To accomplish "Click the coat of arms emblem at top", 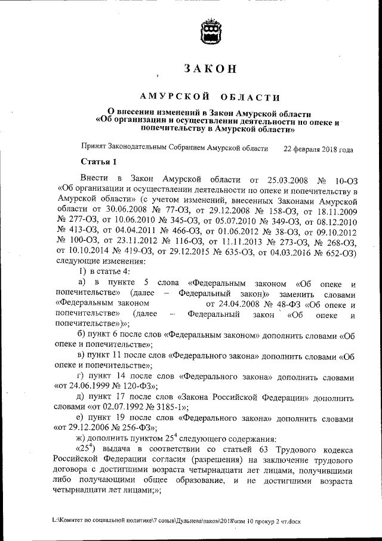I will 211,31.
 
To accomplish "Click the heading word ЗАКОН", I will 211,69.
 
